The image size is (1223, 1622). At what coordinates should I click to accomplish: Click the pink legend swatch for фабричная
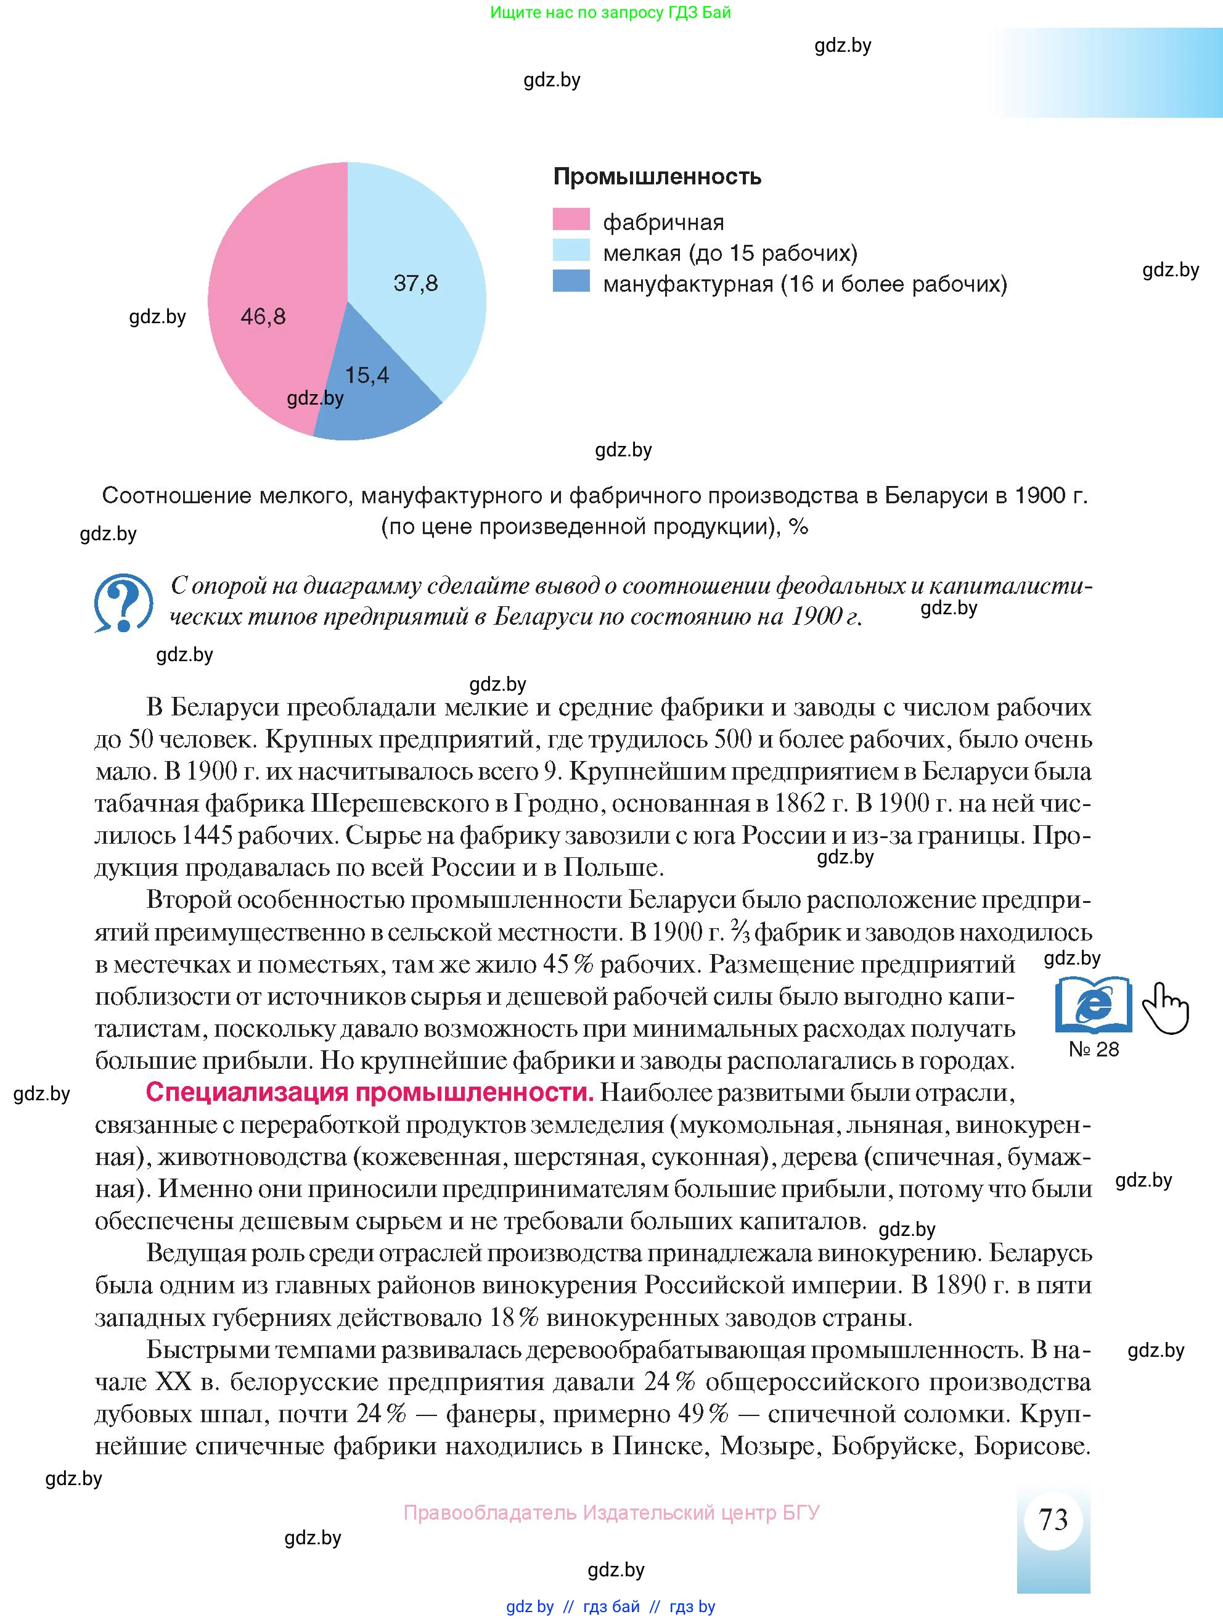click(571, 220)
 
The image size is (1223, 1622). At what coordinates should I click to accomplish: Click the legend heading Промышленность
click(656, 177)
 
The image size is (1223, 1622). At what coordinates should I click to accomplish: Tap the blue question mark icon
click(123, 603)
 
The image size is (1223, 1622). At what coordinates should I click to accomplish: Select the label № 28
click(1094, 1049)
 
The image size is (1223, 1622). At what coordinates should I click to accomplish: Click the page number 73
click(1053, 1520)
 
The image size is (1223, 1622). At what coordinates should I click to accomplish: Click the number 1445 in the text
click(205, 835)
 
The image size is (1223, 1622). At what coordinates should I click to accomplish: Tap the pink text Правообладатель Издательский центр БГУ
click(611, 1513)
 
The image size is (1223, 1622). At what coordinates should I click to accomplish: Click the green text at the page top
click(610, 12)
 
